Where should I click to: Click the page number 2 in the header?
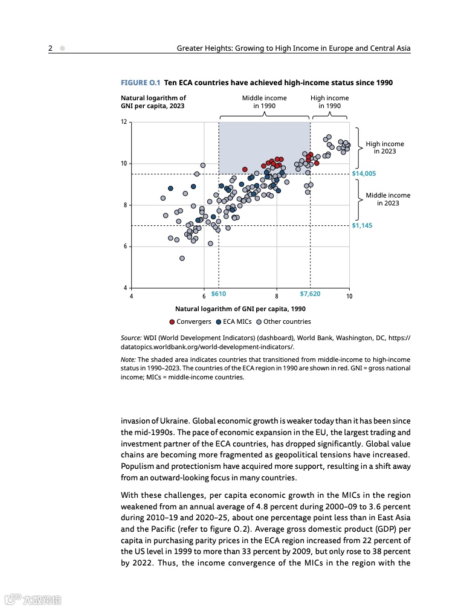pyautogui.click(x=51, y=48)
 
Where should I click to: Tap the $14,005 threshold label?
pyautogui.click(x=364, y=173)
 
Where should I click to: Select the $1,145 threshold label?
pyautogui.click(x=362, y=225)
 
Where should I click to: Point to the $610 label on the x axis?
pyautogui.click(x=218, y=294)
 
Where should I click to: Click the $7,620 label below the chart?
pyautogui.click(x=310, y=294)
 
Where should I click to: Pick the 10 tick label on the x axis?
pyautogui.click(x=349, y=296)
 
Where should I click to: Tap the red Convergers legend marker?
pyautogui.click(x=172, y=322)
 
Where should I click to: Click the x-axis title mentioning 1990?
pyautogui.click(x=240, y=309)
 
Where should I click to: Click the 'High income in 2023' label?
pyautogui.click(x=385, y=147)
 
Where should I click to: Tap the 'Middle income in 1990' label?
pyautogui.click(x=265, y=101)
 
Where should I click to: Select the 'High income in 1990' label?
pyautogui.click(x=329, y=101)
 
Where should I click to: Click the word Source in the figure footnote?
pyautogui.click(x=131, y=338)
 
